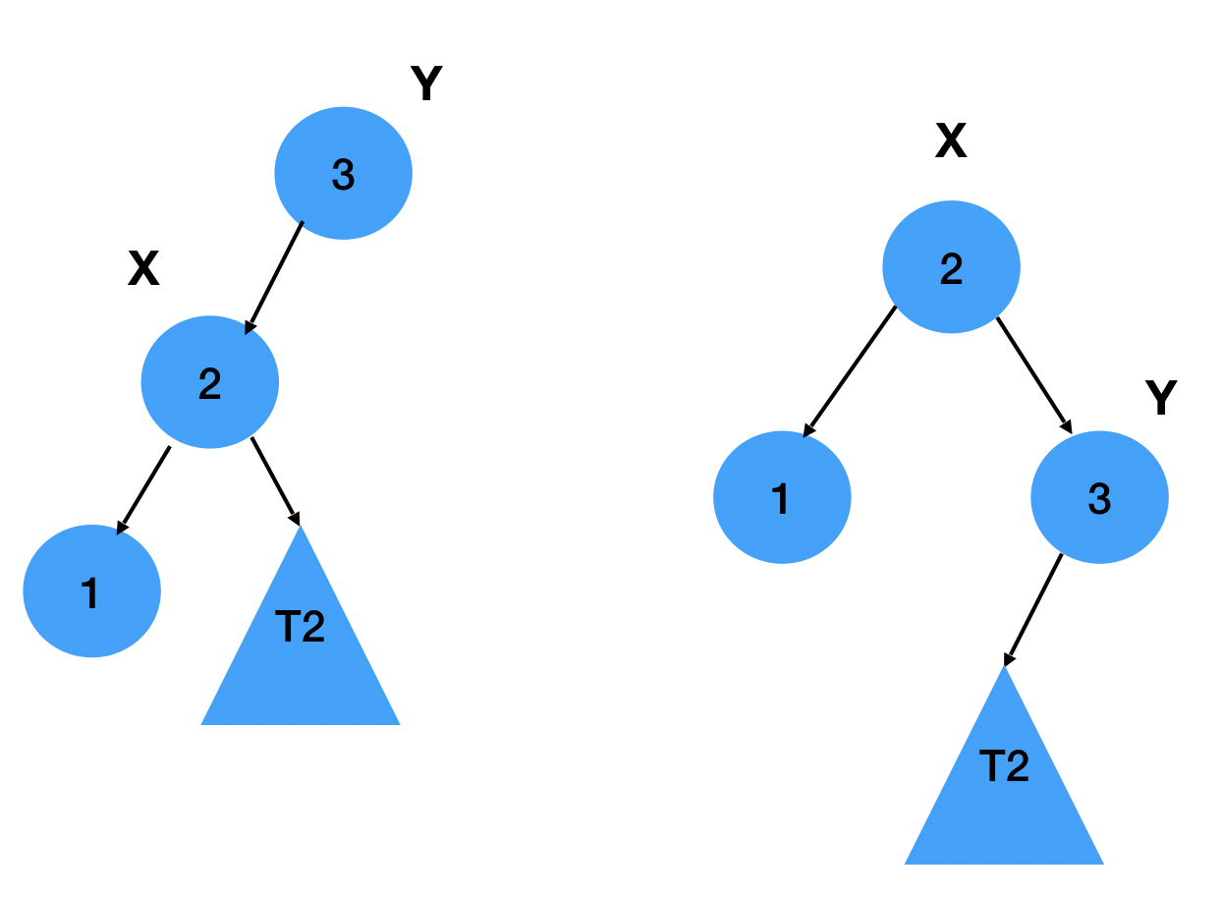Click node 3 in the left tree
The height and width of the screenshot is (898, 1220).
click(343, 174)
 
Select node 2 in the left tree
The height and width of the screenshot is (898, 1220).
click(209, 382)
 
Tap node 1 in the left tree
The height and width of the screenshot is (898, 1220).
click(91, 591)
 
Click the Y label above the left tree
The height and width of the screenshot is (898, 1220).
click(426, 84)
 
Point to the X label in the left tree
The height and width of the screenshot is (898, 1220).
click(143, 268)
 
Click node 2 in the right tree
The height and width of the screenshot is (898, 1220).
click(951, 267)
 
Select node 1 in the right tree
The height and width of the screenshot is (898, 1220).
click(782, 497)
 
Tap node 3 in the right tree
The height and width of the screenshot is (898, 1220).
click(1099, 498)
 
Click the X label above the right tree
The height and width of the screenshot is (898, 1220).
click(950, 142)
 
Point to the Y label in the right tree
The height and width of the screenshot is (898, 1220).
click(1161, 398)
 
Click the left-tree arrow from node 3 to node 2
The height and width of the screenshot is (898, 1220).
click(275, 277)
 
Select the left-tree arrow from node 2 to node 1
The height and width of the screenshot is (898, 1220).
click(143, 489)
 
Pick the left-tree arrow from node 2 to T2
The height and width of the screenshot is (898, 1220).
click(275, 480)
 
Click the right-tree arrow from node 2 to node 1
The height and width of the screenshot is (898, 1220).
click(850, 370)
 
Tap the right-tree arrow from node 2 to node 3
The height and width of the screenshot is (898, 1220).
click(1033, 374)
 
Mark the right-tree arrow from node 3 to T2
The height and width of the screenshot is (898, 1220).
click(1032, 610)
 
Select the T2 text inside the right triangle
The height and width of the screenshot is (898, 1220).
click(1004, 766)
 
